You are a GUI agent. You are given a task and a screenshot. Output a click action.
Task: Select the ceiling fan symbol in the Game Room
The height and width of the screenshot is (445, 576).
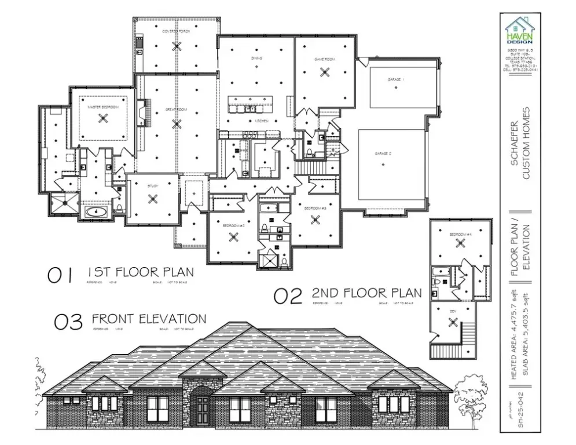click(x=324, y=72)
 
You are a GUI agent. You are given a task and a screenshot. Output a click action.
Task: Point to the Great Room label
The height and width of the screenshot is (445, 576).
click(x=177, y=109)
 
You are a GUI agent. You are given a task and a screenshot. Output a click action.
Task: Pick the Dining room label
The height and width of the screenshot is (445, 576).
click(x=256, y=59)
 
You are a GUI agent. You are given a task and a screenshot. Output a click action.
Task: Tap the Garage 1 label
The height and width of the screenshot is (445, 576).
click(x=395, y=79)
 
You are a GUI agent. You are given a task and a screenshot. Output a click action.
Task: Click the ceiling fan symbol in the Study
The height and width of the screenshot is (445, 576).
click(x=153, y=199)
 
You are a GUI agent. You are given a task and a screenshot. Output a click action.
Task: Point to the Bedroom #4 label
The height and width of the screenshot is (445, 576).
click(x=461, y=234)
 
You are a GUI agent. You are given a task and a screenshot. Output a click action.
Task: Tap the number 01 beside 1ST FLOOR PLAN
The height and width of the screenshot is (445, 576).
click(x=60, y=275)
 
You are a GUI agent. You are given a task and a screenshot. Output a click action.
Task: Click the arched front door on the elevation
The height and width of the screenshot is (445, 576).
click(x=202, y=409)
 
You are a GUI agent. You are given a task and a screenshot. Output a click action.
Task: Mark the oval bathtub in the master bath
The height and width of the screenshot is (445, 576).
click(x=96, y=211)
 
